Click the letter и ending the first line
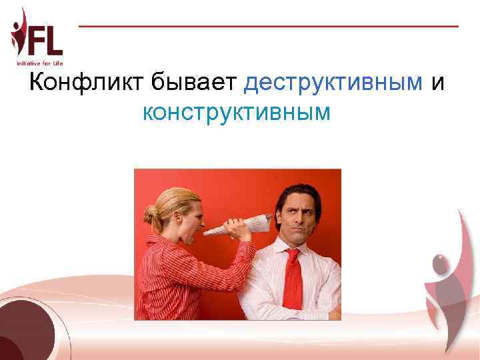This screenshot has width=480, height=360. click(438, 84)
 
